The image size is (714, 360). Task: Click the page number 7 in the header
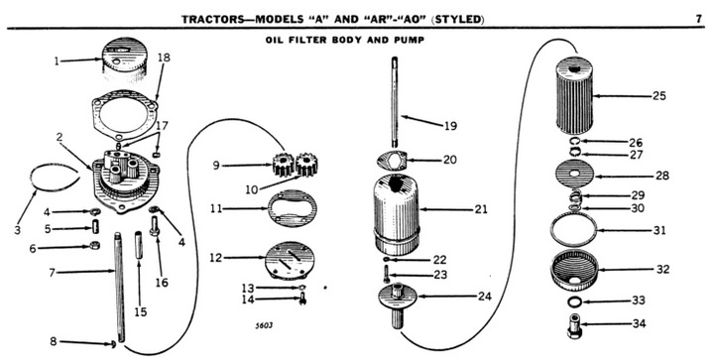tap(698, 19)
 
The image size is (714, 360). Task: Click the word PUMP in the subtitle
tap(412, 40)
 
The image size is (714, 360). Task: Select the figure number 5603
tap(264, 326)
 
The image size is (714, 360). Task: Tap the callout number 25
tap(658, 96)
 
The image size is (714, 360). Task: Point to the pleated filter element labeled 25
tap(574, 94)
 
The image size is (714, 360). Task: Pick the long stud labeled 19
tap(395, 99)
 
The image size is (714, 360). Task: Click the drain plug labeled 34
tap(574, 325)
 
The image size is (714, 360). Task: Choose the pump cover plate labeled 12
tap(291, 260)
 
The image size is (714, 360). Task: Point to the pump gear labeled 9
tap(283, 165)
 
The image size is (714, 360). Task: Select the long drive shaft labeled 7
tap(119, 287)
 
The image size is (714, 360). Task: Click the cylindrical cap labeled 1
tap(123, 60)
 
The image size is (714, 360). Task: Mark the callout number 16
tap(162, 283)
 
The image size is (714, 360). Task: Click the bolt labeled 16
tap(155, 226)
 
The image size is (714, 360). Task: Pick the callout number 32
tap(662, 269)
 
